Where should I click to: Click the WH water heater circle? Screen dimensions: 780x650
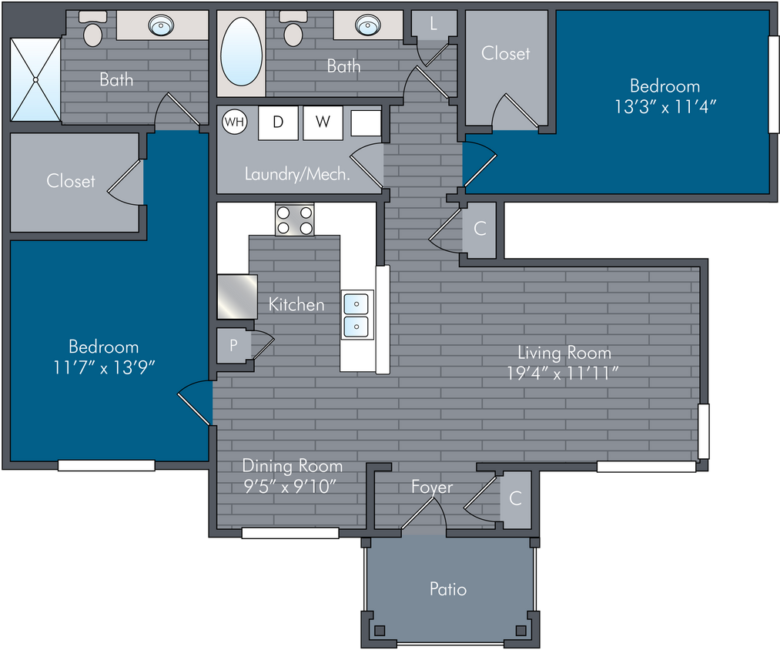(235, 122)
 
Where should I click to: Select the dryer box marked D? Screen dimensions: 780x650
(278, 122)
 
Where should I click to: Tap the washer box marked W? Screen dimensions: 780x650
(323, 122)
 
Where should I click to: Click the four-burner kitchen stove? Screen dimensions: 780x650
(294, 219)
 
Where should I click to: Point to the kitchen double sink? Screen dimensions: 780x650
(357, 314)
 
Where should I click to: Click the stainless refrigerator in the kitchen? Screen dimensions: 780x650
(237, 297)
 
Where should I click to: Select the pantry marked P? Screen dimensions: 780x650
(234, 345)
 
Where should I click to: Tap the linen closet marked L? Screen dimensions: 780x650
(434, 23)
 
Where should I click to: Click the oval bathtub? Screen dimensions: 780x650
(241, 52)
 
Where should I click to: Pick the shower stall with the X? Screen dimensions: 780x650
(35, 79)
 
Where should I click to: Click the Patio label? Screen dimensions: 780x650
(448, 589)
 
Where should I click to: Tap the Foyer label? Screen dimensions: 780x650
(432, 487)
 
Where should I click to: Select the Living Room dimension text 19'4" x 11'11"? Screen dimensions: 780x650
(563, 373)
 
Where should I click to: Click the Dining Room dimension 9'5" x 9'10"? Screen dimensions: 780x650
(290, 486)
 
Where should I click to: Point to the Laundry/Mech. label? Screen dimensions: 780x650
(297, 174)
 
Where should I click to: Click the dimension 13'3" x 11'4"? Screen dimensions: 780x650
(665, 106)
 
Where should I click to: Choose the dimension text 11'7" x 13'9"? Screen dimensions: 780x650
(104, 368)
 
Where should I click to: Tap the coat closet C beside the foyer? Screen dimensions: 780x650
(515, 498)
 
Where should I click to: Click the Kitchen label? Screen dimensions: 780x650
(296, 304)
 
